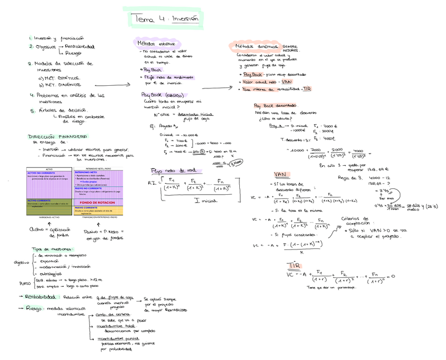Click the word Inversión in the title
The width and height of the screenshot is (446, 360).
[x=185, y=18]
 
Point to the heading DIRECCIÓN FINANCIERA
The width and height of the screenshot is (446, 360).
[x=57, y=136]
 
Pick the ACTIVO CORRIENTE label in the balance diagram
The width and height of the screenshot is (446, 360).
[x=39, y=201]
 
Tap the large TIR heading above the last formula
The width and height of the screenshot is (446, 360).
[x=293, y=265]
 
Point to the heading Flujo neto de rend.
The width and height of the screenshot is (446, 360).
[x=173, y=170]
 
